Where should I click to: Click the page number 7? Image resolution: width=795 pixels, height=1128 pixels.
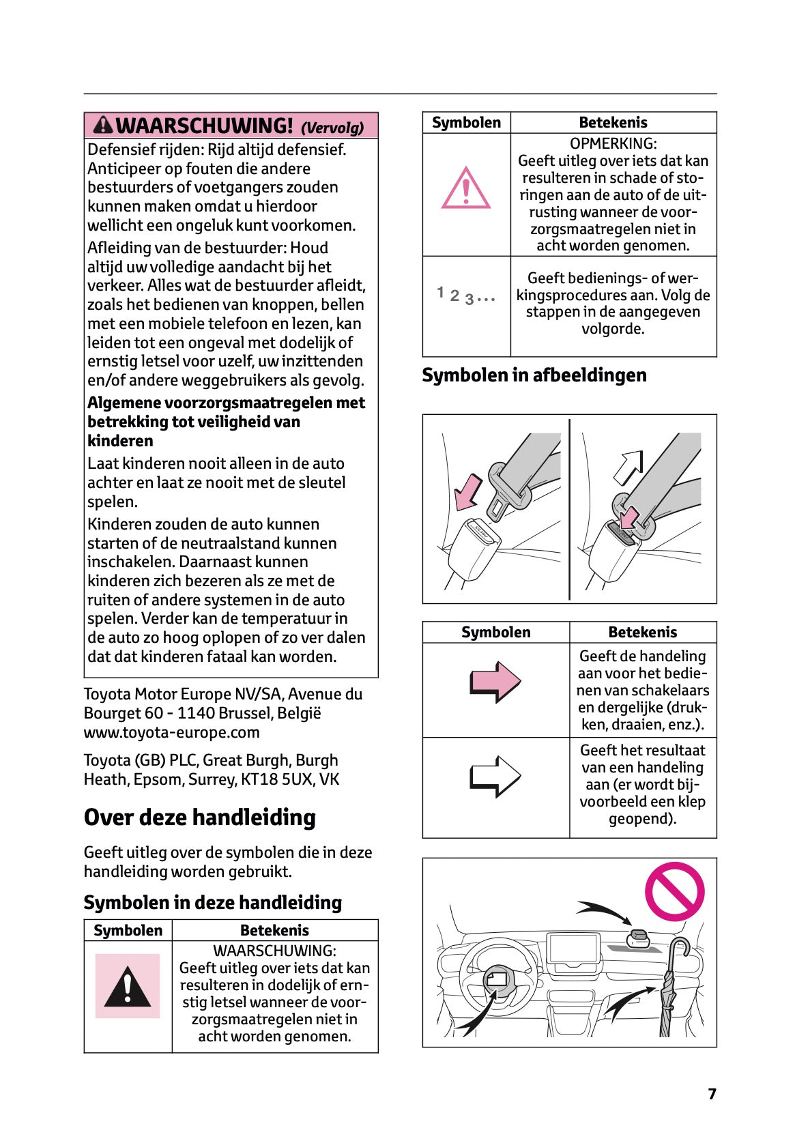click(x=712, y=1094)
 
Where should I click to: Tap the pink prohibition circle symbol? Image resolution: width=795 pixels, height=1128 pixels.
click(x=674, y=891)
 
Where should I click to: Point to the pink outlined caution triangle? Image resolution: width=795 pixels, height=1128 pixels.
click(x=466, y=188)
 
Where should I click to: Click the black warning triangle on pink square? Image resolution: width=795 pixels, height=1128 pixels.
click(x=128, y=987)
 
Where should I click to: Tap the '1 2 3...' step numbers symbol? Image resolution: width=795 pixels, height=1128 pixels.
click(x=465, y=295)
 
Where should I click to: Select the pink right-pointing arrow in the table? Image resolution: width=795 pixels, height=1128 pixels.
click(x=495, y=682)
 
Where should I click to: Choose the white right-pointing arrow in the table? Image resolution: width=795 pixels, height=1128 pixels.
click(x=495, y=777)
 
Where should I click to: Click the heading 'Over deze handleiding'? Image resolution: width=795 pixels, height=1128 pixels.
click(x=200, y=818)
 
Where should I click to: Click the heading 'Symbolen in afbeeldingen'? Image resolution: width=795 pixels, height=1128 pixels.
click(x=534, y=375)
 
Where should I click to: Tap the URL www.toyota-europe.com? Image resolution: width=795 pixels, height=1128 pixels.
click(x=171, y=732)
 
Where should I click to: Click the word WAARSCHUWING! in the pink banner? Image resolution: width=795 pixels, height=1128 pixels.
click(x=205, y=126)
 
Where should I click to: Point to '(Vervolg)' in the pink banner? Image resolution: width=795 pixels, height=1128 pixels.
click(x=332, y=128)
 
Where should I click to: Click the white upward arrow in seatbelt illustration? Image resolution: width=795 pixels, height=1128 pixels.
click(x=628, y=467)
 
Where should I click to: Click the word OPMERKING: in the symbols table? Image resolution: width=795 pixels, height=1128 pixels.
click(x=613, y=143)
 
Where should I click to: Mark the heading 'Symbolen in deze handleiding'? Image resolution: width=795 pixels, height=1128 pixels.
click(x=212, y=902)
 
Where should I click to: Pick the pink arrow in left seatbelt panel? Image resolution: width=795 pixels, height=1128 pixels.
click(x=467, y=492)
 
